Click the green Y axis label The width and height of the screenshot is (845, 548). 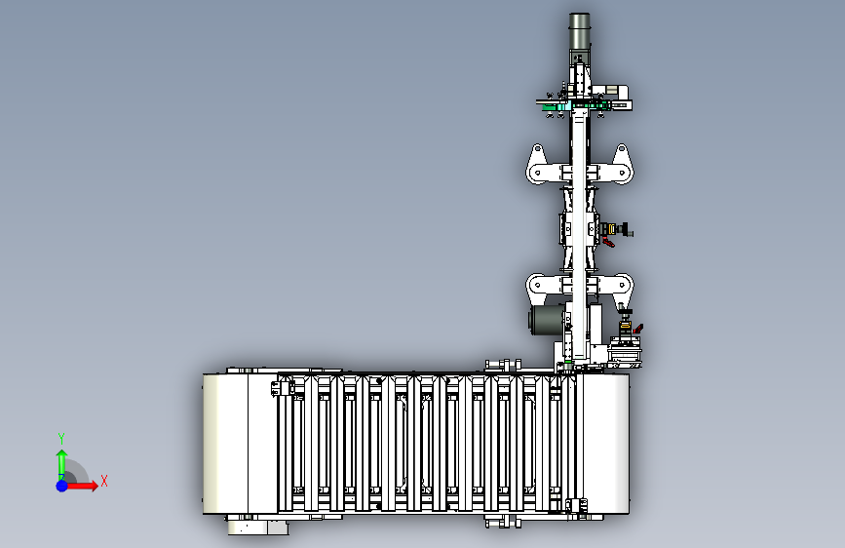click(61, 438)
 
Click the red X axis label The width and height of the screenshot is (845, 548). click(104, 481)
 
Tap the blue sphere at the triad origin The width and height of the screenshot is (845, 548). click(62, 486)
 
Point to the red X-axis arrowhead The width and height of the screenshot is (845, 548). click(94, 486)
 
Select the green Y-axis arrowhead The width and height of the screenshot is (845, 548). click(62, 454)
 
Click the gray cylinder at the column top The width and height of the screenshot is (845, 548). click(579, 31)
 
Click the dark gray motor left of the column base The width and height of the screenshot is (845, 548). click(546, 321)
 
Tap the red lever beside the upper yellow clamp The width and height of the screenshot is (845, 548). click(608, 242)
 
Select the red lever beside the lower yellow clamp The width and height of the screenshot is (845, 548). click(638, 328)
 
